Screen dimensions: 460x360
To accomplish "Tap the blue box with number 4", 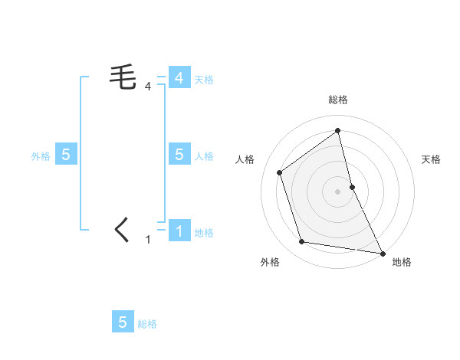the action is [179, 77].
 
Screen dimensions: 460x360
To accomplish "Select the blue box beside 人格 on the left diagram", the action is [179, 154].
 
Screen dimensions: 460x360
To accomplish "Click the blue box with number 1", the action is [179, 231].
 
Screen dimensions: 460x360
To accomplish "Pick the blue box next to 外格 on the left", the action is [66, 154].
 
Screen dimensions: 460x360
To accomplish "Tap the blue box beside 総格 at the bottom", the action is [123, 322].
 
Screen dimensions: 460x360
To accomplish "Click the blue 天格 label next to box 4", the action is [204, 80].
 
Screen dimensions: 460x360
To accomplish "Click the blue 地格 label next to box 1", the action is [204, 233].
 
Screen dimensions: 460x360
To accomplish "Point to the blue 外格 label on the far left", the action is [41, 156].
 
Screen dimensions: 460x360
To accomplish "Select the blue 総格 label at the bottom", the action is [147, 325].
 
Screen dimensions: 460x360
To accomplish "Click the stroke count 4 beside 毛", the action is [148, 87].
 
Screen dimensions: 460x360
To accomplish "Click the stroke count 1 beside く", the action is [148, 240].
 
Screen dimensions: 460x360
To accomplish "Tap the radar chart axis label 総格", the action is [337, 100].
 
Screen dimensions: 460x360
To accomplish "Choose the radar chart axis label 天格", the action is [431, 159].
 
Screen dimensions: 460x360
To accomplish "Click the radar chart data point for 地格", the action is [382, 252].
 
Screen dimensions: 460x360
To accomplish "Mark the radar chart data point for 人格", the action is [280, 172].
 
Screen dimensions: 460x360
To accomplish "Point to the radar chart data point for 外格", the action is [302, 242].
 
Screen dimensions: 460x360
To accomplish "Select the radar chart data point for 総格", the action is [337, 131].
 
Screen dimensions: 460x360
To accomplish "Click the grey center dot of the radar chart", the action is [337, 191].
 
